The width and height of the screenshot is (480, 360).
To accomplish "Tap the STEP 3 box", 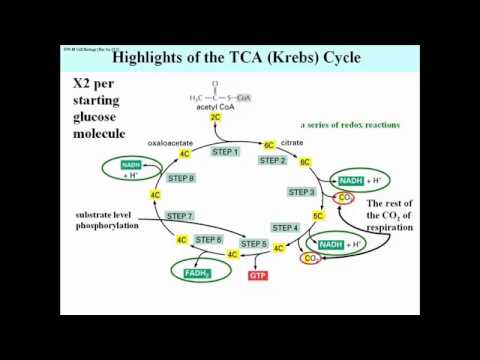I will [302, 191].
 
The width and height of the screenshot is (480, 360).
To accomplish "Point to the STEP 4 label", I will [286, 228].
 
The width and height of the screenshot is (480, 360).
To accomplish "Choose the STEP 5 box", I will [254, 243].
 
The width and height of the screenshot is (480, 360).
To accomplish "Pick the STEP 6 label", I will [208, 239].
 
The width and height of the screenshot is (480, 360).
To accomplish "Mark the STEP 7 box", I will [179, 215].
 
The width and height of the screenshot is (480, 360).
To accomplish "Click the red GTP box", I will [258, 274].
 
